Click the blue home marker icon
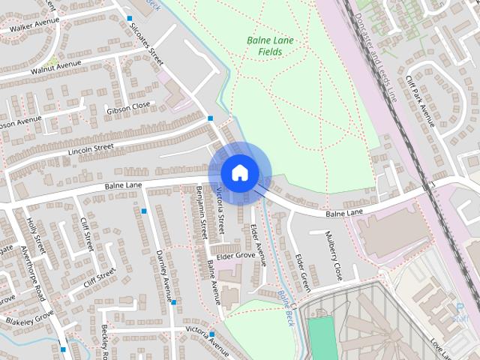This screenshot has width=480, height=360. pyautogui.click(x=239, y=172)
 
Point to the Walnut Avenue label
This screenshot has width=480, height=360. pyautogui.click(x=55, y=68)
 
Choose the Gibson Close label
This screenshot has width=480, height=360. pyautogui.click(x=129, y=107)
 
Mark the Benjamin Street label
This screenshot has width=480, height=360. pyautogui.click(x=201, y=213)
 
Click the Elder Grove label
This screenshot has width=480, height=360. pyautogui.click(x=235, y=256)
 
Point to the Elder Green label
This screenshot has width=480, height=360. pyautogui.click(x=302, y=272)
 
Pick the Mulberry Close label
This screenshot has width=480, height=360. pyautogui.click(x=333, y=259)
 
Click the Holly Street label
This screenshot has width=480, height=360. pyautogui.click(x=35, y=235)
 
